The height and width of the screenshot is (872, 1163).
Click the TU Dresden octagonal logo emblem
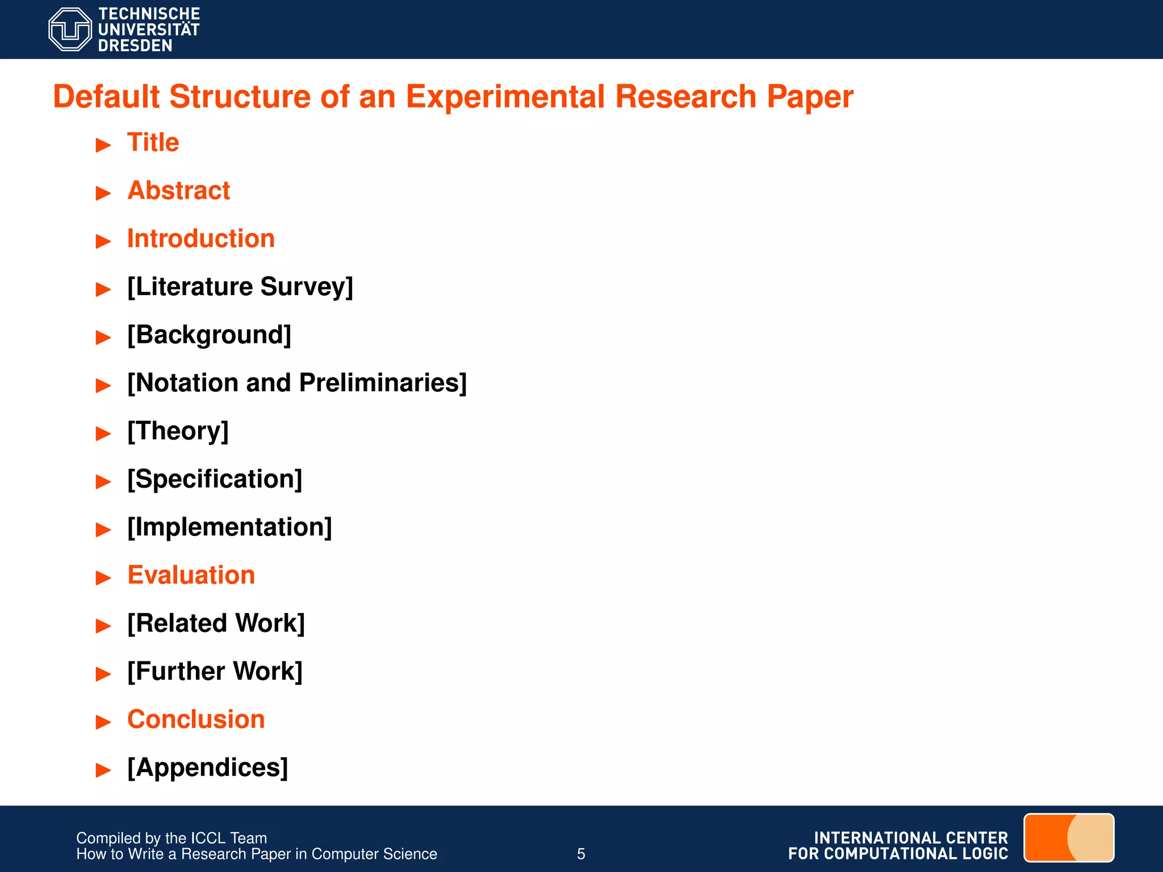(70, 30)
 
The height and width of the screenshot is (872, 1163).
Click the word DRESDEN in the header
(135, 45)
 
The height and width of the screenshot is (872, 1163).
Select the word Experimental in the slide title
(505, 97)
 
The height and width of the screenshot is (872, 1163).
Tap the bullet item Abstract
(179, 190)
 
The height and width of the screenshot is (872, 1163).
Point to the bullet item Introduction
(201, 238)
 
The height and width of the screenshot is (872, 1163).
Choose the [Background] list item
(209, 335)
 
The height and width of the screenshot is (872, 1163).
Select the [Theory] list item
(178, 431)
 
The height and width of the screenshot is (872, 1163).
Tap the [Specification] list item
(215, 479)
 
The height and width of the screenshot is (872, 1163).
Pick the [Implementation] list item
(229, 527)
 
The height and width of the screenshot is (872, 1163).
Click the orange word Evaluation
(191, 575)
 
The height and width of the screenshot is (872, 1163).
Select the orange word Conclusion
(196, 719)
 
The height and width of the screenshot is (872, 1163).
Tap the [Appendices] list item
(207, 768)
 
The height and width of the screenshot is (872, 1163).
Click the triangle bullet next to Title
(103, 145)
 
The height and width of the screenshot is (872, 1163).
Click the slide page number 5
(581, 854)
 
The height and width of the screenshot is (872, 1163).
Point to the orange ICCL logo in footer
(1068, 837)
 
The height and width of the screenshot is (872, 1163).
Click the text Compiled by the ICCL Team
(171, 838)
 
